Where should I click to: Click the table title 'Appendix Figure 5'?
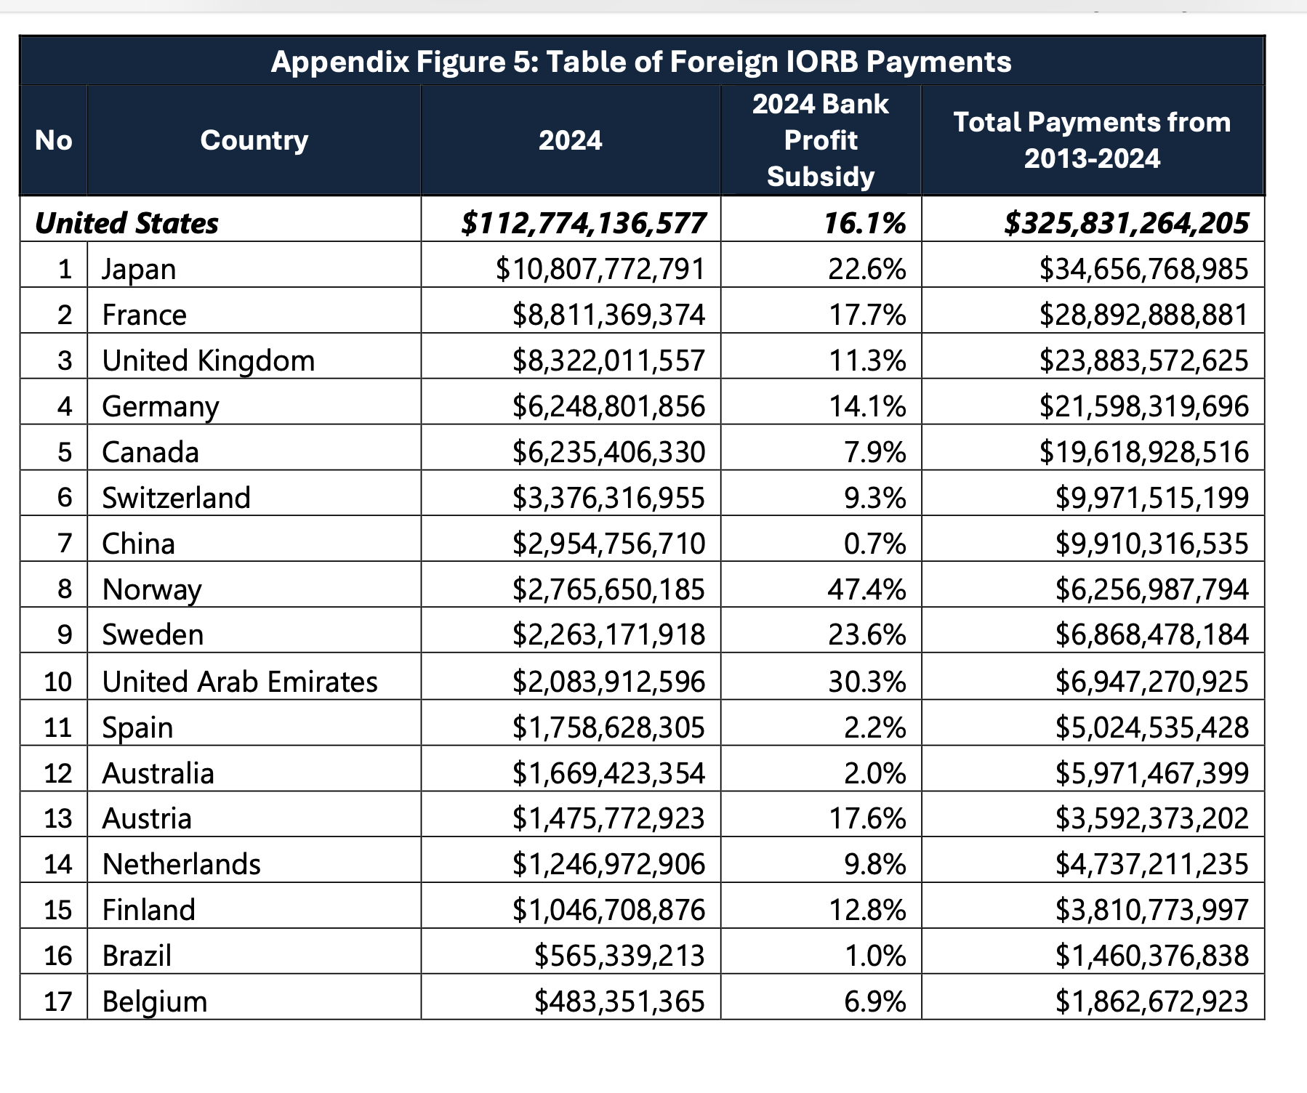(x=640, y=62)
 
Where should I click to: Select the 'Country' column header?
(x=254, y=140)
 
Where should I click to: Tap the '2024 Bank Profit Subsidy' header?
(x=820, y=140)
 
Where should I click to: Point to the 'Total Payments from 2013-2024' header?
(x=1092, y=140)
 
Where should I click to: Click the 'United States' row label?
(x=126, y=223)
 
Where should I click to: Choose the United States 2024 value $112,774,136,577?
(x=583, y=223)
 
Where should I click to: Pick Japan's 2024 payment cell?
(x=600, y=269)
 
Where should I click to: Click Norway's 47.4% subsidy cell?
(x=866, y=589)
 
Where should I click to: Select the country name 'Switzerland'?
(x=176, y=498)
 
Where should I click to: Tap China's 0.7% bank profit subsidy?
(x=874, y=544)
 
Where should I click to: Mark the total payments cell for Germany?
(x=1143, y=406)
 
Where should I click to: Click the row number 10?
(x=58, y=682)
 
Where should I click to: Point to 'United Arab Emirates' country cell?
(x=240, y=682)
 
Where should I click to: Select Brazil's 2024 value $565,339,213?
(x=619, y=956)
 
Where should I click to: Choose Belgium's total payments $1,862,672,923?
(x=1151, y=1001)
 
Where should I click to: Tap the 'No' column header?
(x=53, y=140)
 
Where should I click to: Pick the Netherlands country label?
(x=182, y=864)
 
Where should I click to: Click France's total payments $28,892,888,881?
(x=1143, y=315)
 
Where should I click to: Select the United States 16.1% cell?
(x=864, y=223)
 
